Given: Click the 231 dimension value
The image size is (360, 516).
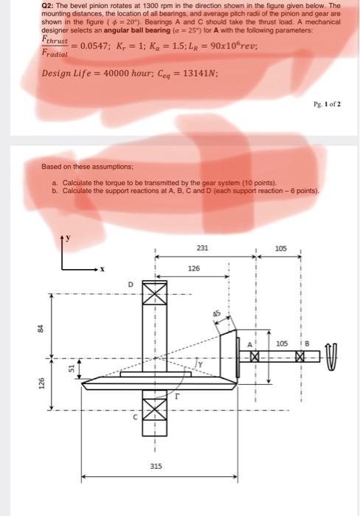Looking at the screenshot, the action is click(202, 248).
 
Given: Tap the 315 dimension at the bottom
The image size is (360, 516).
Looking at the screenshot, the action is click(156, 466).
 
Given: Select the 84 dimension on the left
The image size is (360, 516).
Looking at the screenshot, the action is click(41, 329).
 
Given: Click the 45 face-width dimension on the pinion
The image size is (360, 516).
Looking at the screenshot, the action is click(216, 313).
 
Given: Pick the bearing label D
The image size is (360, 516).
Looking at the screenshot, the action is click(131, 285).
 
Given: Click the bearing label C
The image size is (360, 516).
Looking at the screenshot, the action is click(135, 417).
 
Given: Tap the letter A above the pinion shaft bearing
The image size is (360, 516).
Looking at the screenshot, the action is click(250, 345).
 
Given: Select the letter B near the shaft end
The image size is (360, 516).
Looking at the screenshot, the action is click(307, 344).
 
